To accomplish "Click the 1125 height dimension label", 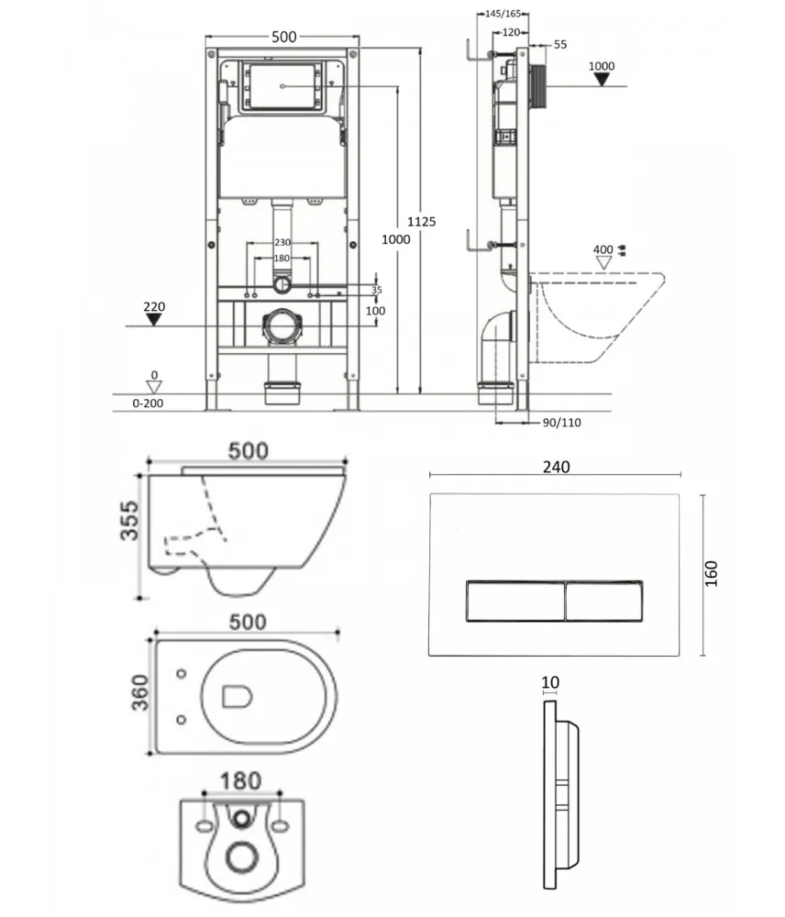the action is point(421,222).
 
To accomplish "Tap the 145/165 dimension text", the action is point(503,14).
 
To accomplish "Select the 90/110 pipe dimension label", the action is point(561,422).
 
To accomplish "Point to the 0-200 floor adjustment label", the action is point(148,403).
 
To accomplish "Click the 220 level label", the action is point(154,306).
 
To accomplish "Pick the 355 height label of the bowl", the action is point(129,521).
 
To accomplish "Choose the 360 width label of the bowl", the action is point(139,692).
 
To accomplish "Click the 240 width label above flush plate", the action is point(556,467).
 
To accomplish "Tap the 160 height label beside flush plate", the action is point(711,574).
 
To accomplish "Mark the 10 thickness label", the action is point(550,682).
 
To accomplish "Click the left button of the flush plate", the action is point(515,601).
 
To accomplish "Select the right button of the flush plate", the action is point(604,601).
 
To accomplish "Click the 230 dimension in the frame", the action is point(282,242).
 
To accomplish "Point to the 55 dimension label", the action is point(559,44).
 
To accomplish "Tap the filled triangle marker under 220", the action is point(154,320).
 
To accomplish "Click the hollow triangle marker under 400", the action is point(603,263).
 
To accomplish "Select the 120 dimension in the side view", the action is point(511,33).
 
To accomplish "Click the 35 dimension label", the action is point(377,290).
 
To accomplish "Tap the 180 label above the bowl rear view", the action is point(240,780).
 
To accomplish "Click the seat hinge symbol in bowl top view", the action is point(237,697).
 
